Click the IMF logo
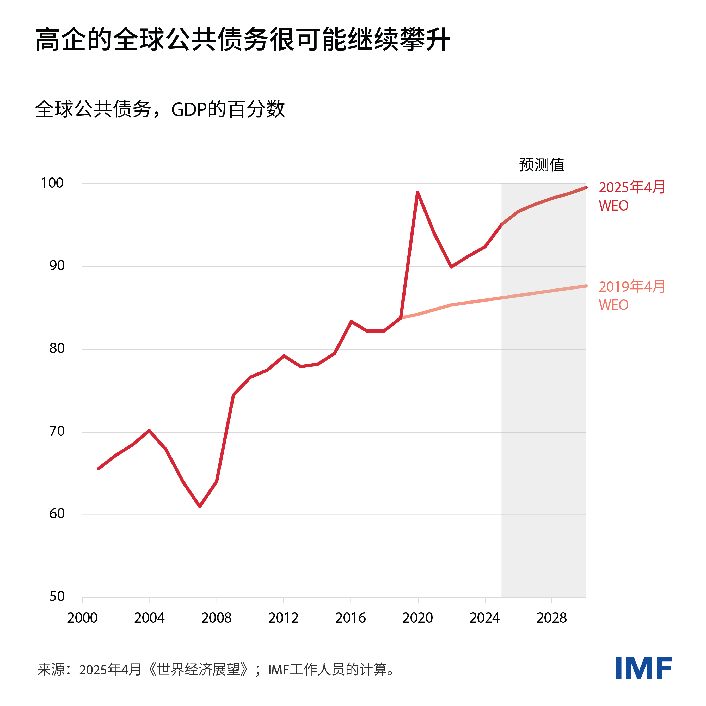point(643,668)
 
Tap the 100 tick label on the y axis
point(52,183)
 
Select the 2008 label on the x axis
point(216,618)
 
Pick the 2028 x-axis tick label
point(551,618)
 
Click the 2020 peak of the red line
point(418,193)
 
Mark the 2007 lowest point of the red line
point(200,506)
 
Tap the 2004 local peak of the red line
point(149,431)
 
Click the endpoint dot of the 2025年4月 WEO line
point(586,187)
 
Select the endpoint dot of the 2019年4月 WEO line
point(586,286)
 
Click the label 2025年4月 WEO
point(631,196)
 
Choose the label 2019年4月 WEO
point(631,295)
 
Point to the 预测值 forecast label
point(542,165)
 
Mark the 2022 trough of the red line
point(452,267)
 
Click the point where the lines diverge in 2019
point(401,317)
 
